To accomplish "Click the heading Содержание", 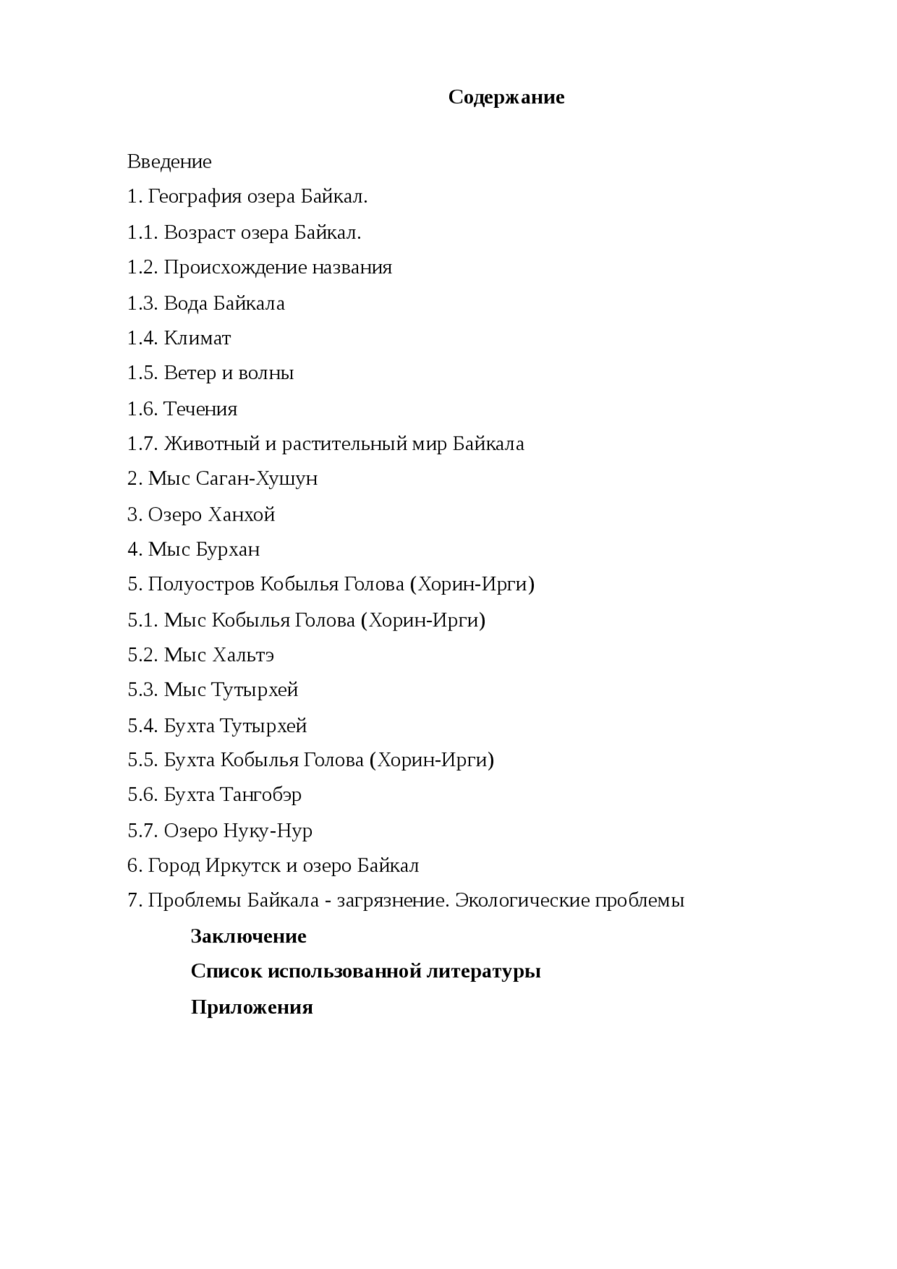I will [x=506, y=97].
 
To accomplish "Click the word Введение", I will [x=169, y=162].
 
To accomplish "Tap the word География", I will [x=198, y=197].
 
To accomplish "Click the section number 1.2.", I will [x=142, y=268].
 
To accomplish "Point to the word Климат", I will [x=197, y=338].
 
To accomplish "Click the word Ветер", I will [x=190, y=373].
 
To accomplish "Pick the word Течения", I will [x=200, y=409].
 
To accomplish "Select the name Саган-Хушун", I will [x=256, y=479].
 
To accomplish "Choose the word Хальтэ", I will [x=242, y=655].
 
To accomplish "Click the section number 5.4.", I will [x=142, y=726].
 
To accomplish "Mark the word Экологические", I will [x=522, y=900].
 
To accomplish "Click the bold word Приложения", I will [x=252, y=1008].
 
